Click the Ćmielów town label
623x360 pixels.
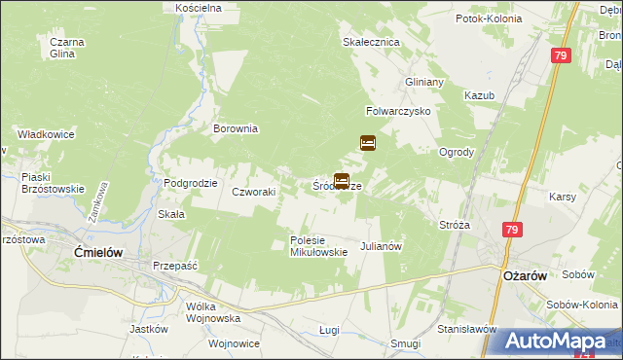97,251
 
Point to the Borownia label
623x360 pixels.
236,127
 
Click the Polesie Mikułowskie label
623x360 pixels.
318,246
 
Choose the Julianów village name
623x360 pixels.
382,246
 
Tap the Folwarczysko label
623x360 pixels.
398,111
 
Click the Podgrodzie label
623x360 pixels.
190,183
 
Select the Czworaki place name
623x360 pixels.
253,192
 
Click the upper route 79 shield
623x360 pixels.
560,57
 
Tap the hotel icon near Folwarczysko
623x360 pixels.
368,142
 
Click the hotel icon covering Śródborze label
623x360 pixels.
342,180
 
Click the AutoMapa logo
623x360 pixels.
554,341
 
